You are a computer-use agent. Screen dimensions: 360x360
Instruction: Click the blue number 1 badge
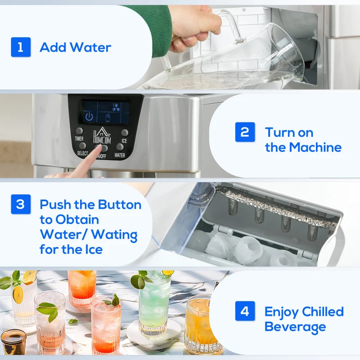(x=21, y=47)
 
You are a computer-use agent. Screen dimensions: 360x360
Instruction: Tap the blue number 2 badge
(x=245, y=132)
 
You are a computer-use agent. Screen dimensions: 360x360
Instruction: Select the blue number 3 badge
(x=21, y=204)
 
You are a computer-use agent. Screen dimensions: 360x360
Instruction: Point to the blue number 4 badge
(x=245, y=311)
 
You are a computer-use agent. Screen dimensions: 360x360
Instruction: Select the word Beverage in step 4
(x=295, y=327)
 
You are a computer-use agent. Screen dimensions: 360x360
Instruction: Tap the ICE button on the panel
(x=125, y=133)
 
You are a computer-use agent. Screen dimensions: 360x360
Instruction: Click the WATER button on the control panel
(x=120, y=147)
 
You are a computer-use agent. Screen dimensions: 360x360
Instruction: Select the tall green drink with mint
(x=153, y=306)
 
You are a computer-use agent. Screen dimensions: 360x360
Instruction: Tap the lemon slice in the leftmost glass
(x=18, y=294)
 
